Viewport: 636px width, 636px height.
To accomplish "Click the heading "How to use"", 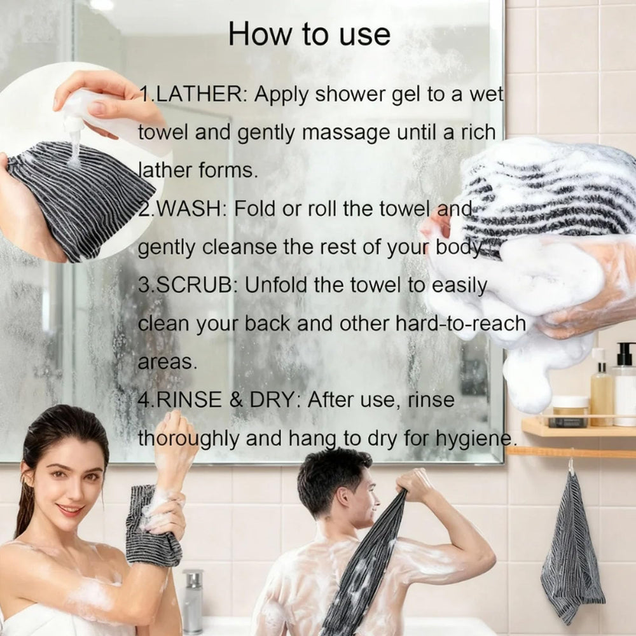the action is (309, 34).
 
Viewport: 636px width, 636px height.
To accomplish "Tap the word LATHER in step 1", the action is (198, 95).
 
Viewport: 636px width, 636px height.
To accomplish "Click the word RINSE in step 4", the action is (189, 400).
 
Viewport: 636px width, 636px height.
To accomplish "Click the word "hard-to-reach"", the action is (460, 324).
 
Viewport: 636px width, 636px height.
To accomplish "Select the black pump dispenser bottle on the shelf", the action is (625, 384).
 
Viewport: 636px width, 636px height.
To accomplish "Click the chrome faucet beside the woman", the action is (193, 601).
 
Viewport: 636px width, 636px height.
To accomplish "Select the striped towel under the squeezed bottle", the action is (81, 198).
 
